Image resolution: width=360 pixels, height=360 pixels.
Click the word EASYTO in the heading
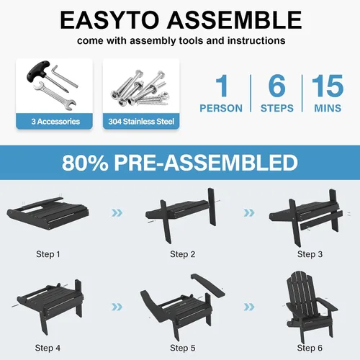(x=109, y=20)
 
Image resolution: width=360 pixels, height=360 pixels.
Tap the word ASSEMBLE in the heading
(x=235, y=20)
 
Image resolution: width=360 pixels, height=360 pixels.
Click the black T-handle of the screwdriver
(x=38, y=70)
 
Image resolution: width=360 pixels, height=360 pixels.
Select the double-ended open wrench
(x=55, y=96)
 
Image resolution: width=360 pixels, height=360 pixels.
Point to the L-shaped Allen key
(x=64, y=76)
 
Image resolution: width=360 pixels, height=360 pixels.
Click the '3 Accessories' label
(x=55, y=122)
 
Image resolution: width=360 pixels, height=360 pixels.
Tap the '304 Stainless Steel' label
(x=141, y=122)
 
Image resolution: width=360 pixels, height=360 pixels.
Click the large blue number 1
(x=222, y=86)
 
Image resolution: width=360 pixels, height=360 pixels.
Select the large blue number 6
(x=277, y=86)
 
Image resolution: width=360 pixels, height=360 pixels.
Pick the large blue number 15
(x=328, y=86)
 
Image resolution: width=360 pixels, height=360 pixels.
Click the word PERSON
(x=221, y=108)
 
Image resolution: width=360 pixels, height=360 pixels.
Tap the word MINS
(x=328, y=108)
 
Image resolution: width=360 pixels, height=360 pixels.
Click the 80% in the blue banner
(x=85, y=163)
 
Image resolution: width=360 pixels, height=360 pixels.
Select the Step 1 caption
(x=48, y=254)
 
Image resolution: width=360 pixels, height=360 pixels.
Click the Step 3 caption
(x=310, y=254)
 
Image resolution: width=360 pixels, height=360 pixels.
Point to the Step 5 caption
(x=183, y=348)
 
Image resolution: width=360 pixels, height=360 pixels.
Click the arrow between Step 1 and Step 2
(x=117, y=212)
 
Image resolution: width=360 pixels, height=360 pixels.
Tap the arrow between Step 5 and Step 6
(x=249, y=307)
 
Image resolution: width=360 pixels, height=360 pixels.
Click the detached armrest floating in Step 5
(x=209, y=284)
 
